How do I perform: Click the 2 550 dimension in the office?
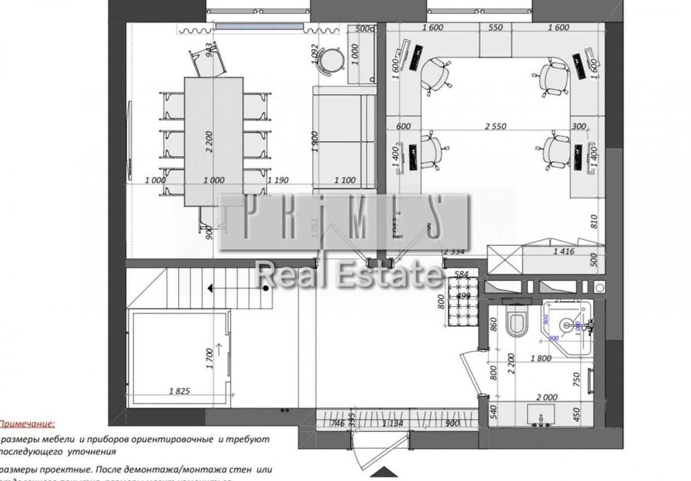click(x=494, y=126)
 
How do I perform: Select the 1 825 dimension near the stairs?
click(x=180, y=391)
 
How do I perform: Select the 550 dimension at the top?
click(x=495, y=28)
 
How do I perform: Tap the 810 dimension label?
click(x=593, y=221)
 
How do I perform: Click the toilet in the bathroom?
click(x=516, y=322)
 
